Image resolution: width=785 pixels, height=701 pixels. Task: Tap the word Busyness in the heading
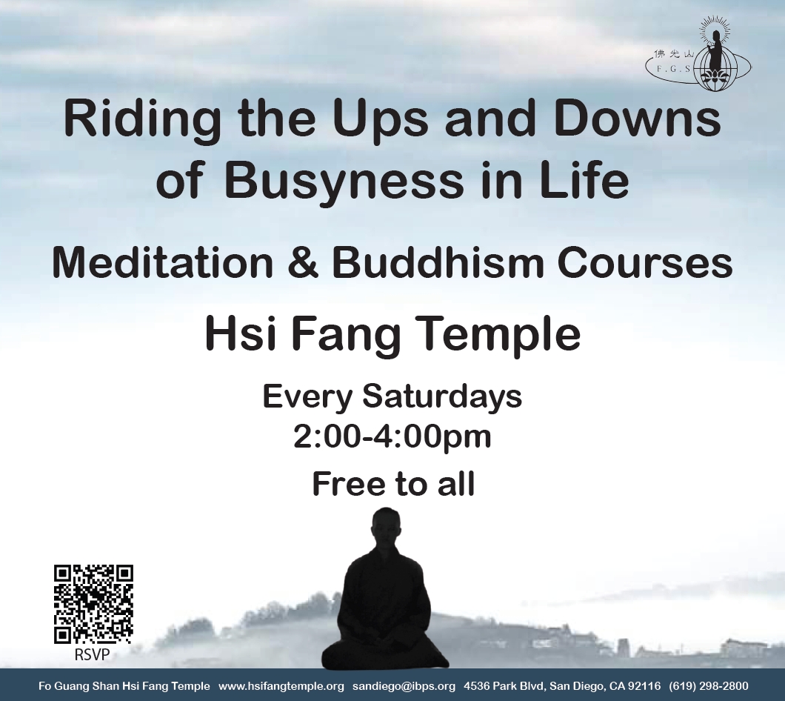[344, 181]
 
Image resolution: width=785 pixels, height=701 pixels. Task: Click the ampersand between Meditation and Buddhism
[302, 262]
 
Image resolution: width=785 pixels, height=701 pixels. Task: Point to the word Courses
[645, 262]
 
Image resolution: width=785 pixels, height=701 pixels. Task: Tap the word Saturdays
[442, 397]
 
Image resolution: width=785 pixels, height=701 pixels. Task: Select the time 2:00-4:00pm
[392, 437]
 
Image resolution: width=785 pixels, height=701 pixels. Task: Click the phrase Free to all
[393, 484]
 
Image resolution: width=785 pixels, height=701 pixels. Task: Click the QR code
[93, 604]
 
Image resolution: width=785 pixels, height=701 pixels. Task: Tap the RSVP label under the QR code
[92, 654]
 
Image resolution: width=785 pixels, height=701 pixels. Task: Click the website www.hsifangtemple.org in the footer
[281, 686]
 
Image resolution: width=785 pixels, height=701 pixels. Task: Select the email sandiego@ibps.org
[404, 686]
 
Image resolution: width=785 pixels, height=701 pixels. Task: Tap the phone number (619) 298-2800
[709, 686]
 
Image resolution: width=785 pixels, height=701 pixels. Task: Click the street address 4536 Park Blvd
[504, 686]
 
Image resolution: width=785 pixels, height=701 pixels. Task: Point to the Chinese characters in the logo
[674, 53]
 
